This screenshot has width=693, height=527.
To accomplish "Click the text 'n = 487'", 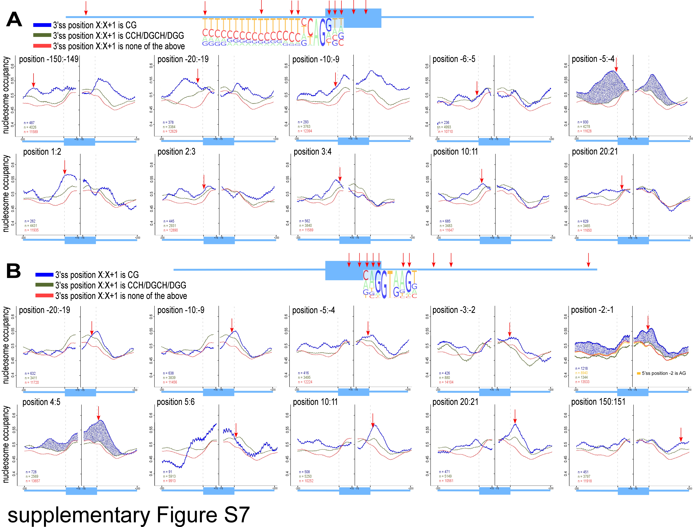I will tap(29, 123).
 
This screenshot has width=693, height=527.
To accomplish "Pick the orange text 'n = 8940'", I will tap(582, 373).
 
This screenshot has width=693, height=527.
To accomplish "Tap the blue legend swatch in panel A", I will tap(42, 25).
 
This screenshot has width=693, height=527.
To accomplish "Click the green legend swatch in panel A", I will tap(42, 35).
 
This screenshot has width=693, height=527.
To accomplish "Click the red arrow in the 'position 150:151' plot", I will tap(681, 435).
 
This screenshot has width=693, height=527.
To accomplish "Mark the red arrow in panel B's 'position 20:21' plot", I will tap(515, 417).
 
